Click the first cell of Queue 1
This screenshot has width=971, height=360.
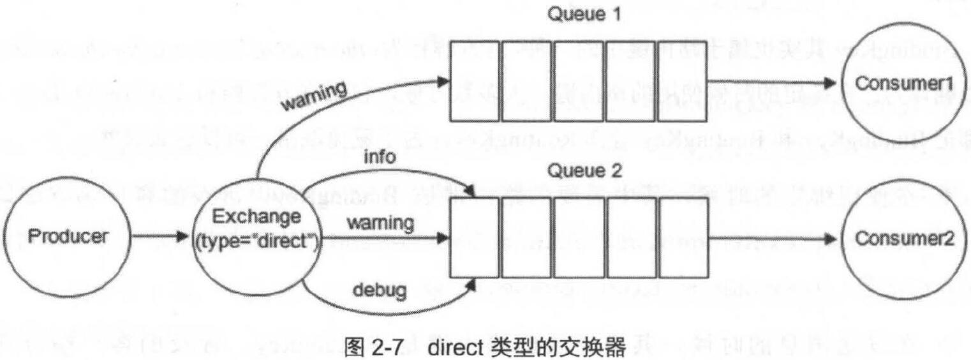[x=474, y=81]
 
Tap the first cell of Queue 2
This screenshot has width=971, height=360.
[x=474, y=239]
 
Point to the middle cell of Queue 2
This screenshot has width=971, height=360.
[x=579, y=239]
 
